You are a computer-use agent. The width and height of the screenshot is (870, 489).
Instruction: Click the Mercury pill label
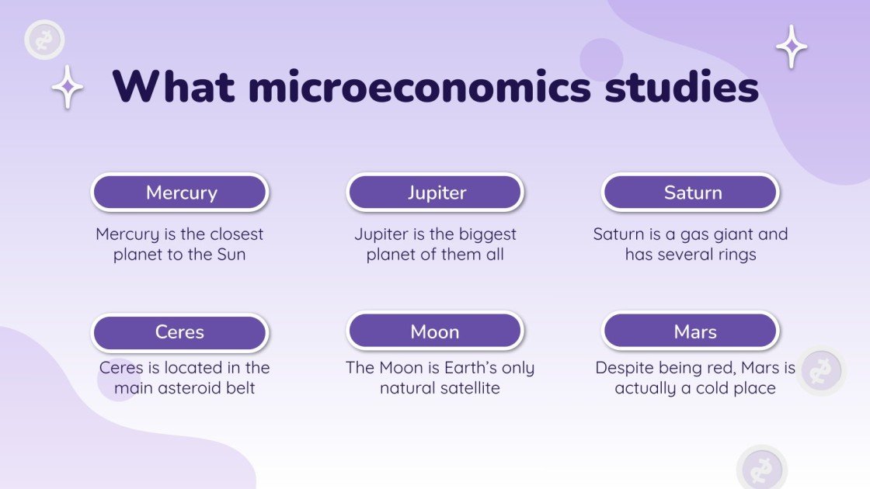point(180,192)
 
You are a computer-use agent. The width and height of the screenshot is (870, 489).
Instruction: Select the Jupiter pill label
point(436,192)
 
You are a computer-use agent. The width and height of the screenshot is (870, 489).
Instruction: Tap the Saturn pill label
point(691,192)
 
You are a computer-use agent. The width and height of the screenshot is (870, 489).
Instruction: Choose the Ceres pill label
point(180,332)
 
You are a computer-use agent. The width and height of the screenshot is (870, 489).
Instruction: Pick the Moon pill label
point(436,332)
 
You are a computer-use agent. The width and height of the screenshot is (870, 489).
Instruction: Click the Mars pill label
point(691,332)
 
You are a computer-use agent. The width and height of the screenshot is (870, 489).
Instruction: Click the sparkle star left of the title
point(68,87)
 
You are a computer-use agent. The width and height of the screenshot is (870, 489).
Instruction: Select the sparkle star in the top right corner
point(792,47)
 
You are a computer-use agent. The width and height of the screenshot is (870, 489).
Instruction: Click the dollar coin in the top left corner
point(44,40)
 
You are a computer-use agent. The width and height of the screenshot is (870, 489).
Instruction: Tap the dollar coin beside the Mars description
point(820,371)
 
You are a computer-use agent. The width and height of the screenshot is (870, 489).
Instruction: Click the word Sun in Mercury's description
point(229,255)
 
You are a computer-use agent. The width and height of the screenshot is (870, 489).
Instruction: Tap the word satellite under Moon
point(467,388)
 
